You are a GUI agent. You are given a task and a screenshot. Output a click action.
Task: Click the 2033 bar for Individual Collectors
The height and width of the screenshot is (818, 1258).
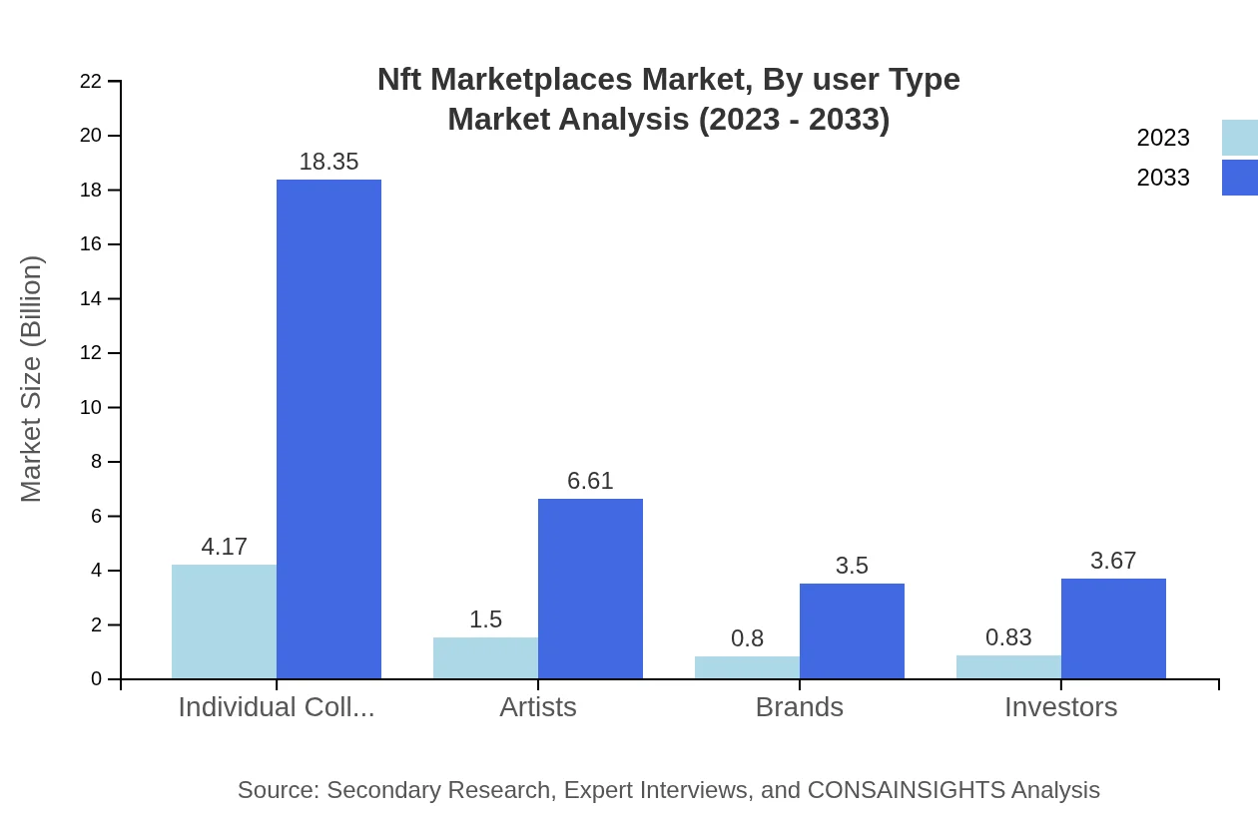(x=328, y=429)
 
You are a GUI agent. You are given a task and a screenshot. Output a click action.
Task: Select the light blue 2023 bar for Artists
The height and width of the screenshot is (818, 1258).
(x=485, y=658)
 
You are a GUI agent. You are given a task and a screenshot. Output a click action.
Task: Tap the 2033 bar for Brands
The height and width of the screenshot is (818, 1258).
(x=852, y=630)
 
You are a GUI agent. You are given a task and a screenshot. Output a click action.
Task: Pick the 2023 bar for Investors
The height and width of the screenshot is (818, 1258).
(x=1008, y=667)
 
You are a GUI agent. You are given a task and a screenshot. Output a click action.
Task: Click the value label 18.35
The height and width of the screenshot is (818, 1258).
(x=328, y=162)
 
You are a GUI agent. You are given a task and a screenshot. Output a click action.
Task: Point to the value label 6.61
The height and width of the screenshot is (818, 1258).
(x=590, y=481)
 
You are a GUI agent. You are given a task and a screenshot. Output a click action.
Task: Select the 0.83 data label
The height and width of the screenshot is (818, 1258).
(x=1008, y=637)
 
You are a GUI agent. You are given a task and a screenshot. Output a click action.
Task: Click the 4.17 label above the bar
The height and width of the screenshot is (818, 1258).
(x=224, y=547)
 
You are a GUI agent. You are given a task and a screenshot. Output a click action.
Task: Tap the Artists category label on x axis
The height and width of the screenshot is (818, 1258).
(x=538, y=707)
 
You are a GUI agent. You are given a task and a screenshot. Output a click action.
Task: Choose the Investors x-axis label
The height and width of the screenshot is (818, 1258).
(x=1060, y=707)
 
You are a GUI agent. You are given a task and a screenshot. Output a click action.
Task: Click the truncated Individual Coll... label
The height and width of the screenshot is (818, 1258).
(x=277, y=707)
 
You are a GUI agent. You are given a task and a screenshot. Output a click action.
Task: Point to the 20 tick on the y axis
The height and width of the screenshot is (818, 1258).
(x=91, y=136)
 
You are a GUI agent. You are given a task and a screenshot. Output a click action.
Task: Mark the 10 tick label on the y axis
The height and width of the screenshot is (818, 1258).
(x=91, y=408)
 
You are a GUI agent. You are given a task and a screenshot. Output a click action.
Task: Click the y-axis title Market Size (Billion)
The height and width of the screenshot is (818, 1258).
(x=32, y=379)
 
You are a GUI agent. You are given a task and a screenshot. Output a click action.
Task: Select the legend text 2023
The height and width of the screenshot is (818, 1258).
(x=1163, y=138)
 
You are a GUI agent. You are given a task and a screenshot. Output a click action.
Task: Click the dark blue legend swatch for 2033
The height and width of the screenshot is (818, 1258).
(x=1239, y=178)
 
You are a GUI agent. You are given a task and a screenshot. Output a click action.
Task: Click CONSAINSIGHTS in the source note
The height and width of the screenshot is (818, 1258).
(x=906, y=790)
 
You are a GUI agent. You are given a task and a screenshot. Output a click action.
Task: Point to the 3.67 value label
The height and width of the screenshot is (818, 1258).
(x=1113, y=561)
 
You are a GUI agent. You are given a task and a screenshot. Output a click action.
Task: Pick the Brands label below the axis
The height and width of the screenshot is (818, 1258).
(x=799, y=707)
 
